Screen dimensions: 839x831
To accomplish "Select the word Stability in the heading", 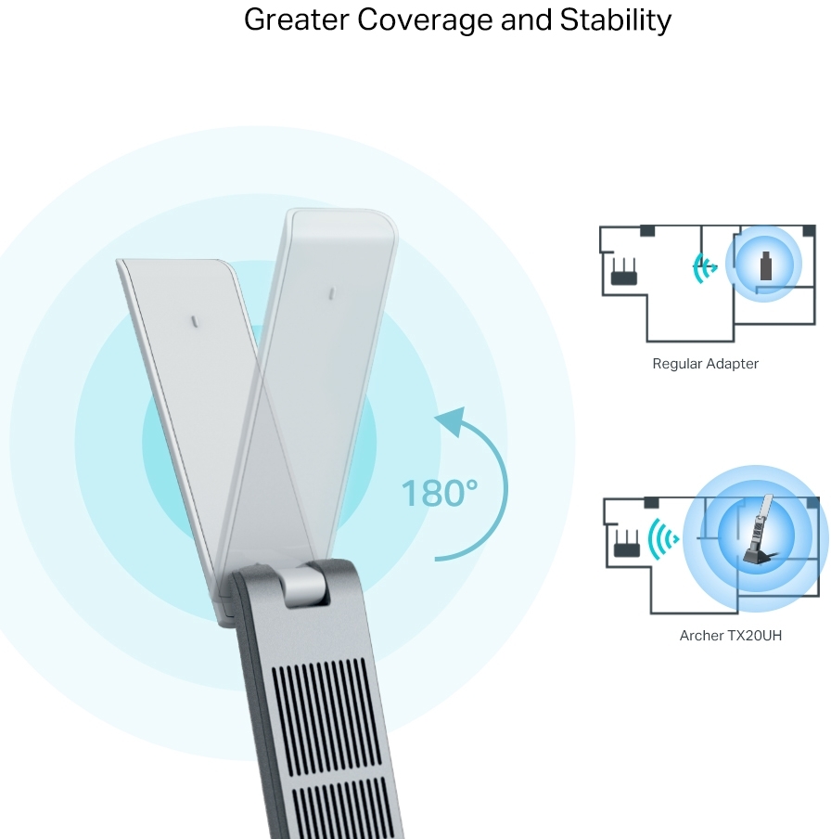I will pos(615,19).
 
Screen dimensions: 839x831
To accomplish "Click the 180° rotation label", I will pos(439,493).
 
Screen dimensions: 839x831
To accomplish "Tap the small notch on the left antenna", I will pos(194,321).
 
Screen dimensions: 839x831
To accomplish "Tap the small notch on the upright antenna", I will pos(330,292).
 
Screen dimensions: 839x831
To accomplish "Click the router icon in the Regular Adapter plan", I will pos(623,272).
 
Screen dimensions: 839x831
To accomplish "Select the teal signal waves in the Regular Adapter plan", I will pos(705,268).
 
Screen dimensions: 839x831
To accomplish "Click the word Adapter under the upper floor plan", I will pos(733,364).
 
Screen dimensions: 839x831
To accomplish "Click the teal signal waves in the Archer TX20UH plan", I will pos(663,538).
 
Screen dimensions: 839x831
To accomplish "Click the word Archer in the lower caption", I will pos(701,636).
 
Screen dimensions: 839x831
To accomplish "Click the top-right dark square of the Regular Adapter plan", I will pos(809,230).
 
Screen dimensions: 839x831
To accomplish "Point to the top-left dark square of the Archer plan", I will pos(652,502).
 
